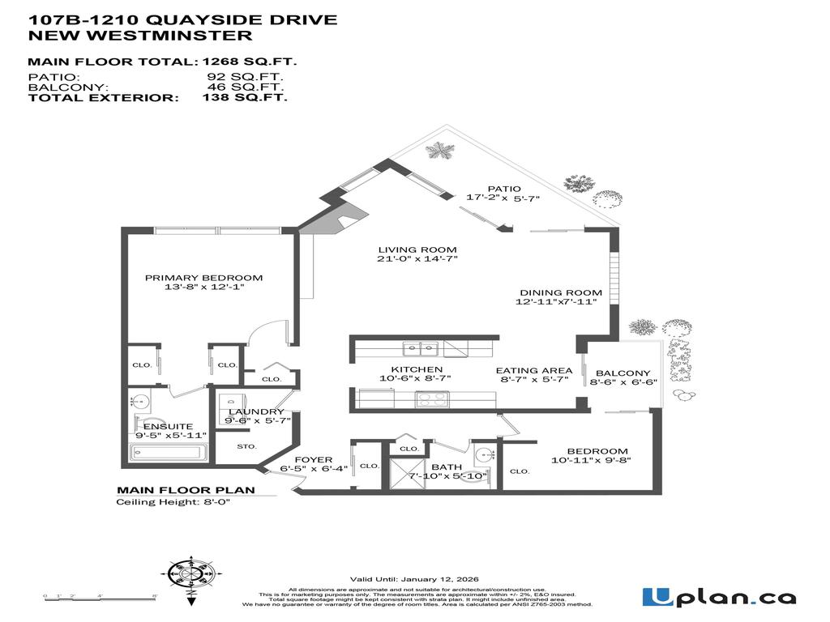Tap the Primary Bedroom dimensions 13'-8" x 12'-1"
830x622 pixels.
pyautogui.click(x=203, y=288)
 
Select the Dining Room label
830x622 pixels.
pyautogui.click(x=561, y=292)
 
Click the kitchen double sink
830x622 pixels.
pyautogui.click(x=421, y=349)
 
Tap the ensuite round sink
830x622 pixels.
pyautogui.click(x=136, y=401)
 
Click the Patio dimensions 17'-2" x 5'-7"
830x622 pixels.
pyautogui.click(x=503, y=198)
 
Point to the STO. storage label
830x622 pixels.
pyautogui.click(x=246, y=446)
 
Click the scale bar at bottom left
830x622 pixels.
pyautogui.click(x=101, y=597)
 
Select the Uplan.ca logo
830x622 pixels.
pyautogui.click(x=719, y=598)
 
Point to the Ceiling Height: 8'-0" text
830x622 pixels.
pyautogui.click(x=173, y=502)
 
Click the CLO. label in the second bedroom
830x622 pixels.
pyautogui.click(x=520, y=471)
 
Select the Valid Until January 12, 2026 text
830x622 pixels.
pyautogui.click(x=414, y=579)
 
